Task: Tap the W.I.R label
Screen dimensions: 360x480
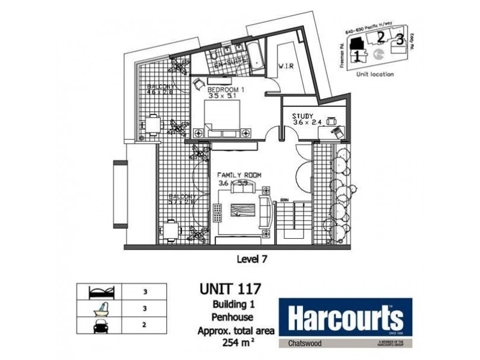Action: pos(285,67)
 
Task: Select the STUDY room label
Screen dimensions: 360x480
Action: pos(304,116)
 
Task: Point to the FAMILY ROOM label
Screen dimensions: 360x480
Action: pos(239,175)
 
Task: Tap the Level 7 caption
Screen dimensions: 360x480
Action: pos(248,260)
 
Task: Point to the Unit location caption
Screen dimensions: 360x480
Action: pos(374,74)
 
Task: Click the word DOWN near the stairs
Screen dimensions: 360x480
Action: pos(285,200)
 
